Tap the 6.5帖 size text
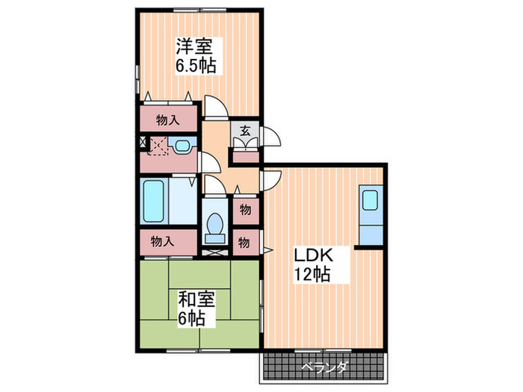pyautogui.click(x=196, y=66)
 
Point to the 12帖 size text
pyautogui.click(x=312, y=274)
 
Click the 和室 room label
pyautogui.click(x=196, y=300)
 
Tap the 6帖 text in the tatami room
pyautogui.click(x=193, y=319)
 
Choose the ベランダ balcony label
pyautogui.click(x=325, y=367)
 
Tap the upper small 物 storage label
pyautogui.click(x=244, y=210)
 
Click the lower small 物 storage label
pyautogui.click(x=244, y=242)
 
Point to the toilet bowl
pyautogui.click(x=215, y=224)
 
